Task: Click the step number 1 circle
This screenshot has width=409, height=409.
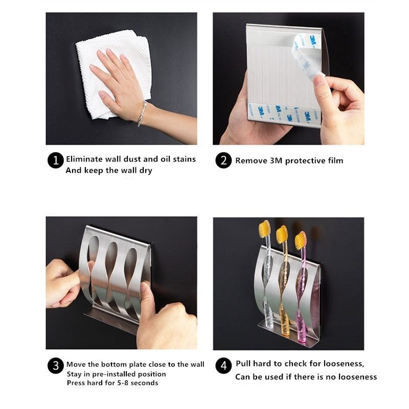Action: pos(56,161)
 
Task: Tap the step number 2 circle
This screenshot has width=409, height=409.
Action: pos(223,161)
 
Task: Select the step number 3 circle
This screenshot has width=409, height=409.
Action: pos(55,366)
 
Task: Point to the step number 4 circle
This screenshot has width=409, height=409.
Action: pos(223,366)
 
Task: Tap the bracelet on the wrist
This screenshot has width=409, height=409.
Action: pos(142,113)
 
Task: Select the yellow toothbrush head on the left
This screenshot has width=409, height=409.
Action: pos(264,229)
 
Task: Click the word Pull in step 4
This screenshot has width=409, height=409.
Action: pos(244,364)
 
